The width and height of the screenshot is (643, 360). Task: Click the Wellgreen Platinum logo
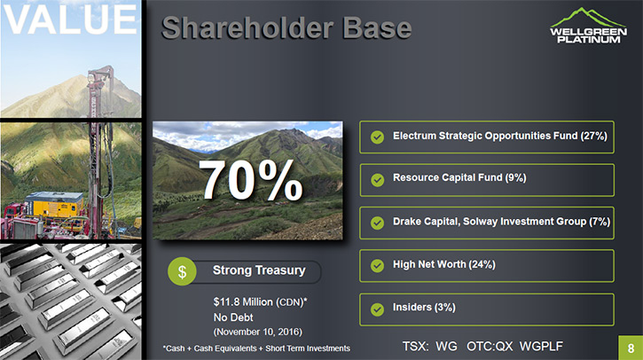pos(588,26)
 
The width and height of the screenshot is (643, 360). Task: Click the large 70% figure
pos(250,180)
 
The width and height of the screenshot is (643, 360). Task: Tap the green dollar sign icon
pos(182,271)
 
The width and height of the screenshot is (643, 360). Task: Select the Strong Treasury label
pos(259,270)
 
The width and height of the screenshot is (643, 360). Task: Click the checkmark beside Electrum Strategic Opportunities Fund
pos(377,137)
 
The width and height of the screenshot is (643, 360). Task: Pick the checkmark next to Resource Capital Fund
pos(377,180)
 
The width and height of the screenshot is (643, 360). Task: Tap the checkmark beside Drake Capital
pos(377,223)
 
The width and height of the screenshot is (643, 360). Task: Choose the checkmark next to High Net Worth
pos(377,266)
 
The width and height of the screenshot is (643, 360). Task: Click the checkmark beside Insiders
pos(377,309)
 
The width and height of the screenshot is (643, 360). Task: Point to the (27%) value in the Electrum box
pos(594,137)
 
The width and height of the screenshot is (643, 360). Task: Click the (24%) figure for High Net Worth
pos(482,265)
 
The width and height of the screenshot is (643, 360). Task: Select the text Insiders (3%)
pos(424,308)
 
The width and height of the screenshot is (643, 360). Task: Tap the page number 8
pos(631,348)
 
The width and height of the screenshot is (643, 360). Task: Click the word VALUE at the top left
pos(70,20)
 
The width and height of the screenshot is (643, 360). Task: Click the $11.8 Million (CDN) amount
pos(260,302)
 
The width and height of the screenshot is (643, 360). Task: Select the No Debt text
pos(233,317)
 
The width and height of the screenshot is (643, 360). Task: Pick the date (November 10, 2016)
pos(257,332)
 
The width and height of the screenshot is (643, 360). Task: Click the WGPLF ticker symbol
pos(541,347)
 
